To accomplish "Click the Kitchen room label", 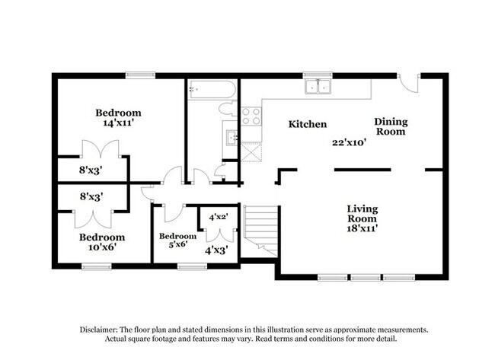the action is click(308, 124).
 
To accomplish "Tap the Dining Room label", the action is click(391, 126).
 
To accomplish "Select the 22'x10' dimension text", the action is click(349, 142).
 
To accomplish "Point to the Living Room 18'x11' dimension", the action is click(362, 228).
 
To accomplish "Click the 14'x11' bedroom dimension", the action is click(118, 123).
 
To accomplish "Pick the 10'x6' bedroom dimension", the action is click(101, 247).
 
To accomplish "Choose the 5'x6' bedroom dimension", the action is click(178, 244).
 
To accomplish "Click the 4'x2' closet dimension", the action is click(219, 217).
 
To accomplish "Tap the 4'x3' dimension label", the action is click(216, 250).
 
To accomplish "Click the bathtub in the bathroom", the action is click(212, 89).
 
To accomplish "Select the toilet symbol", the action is click(228, 109).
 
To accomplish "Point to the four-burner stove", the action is click(251, 116).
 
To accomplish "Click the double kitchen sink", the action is click(318, 87).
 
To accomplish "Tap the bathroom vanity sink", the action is click(232, 138).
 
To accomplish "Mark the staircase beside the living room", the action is click(260, 231).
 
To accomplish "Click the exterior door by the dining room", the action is click(409, 83).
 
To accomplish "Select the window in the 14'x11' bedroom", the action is click(140, 75).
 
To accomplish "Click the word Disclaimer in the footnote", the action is click(99, 330).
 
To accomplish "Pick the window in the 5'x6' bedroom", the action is click(192, 266).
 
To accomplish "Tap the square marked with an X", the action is click(251, 152).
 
